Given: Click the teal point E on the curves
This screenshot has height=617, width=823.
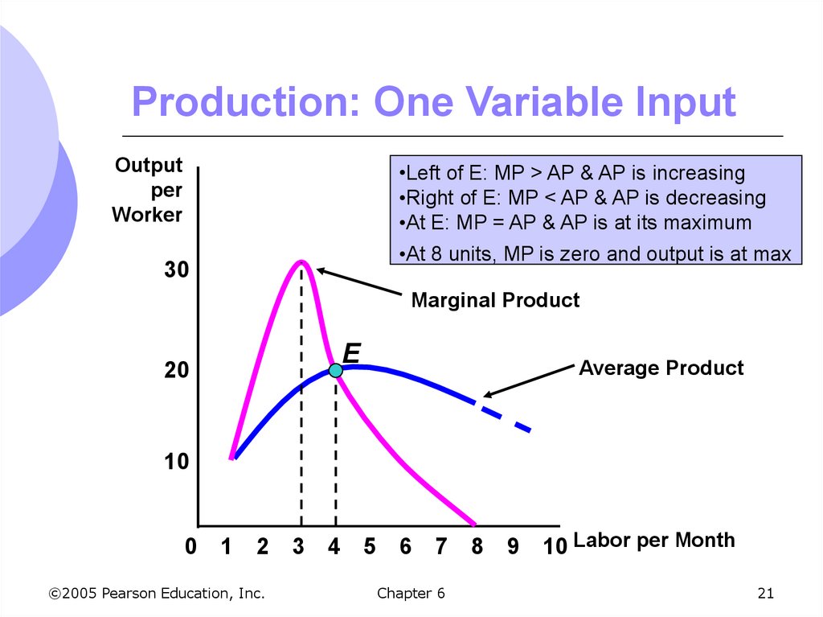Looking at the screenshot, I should [335, 370].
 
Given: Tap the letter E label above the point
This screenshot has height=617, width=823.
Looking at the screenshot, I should [351, 353].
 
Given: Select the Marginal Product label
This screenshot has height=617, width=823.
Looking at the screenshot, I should [494, 301].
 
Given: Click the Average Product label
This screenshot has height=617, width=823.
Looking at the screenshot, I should [661, 368].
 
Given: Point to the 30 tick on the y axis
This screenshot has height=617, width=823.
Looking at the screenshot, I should [176, 270].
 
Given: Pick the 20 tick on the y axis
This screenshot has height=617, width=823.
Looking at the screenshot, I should [176, 371].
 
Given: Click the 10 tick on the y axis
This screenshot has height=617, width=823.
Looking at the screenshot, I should [176, 463].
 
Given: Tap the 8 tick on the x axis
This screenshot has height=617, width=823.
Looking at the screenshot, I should [477, 547].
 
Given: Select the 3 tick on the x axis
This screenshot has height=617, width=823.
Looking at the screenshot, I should [298, 547].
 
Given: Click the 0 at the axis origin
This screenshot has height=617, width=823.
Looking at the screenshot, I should [190, 547].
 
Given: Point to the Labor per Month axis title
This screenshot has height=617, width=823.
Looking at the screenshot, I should [654, 540].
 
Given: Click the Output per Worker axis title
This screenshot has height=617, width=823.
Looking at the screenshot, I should [148, 190].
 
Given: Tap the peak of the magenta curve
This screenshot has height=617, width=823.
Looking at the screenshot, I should [301, 261].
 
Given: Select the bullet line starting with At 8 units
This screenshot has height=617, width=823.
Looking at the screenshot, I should [594, 254].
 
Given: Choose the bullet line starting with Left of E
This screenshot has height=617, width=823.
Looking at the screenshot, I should [571, 173].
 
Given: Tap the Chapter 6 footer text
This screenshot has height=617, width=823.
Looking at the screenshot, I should [410, 594].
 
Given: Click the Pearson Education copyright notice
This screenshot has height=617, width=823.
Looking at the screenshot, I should [156, 594].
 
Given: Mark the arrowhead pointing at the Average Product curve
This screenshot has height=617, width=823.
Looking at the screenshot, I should [487, 394].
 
